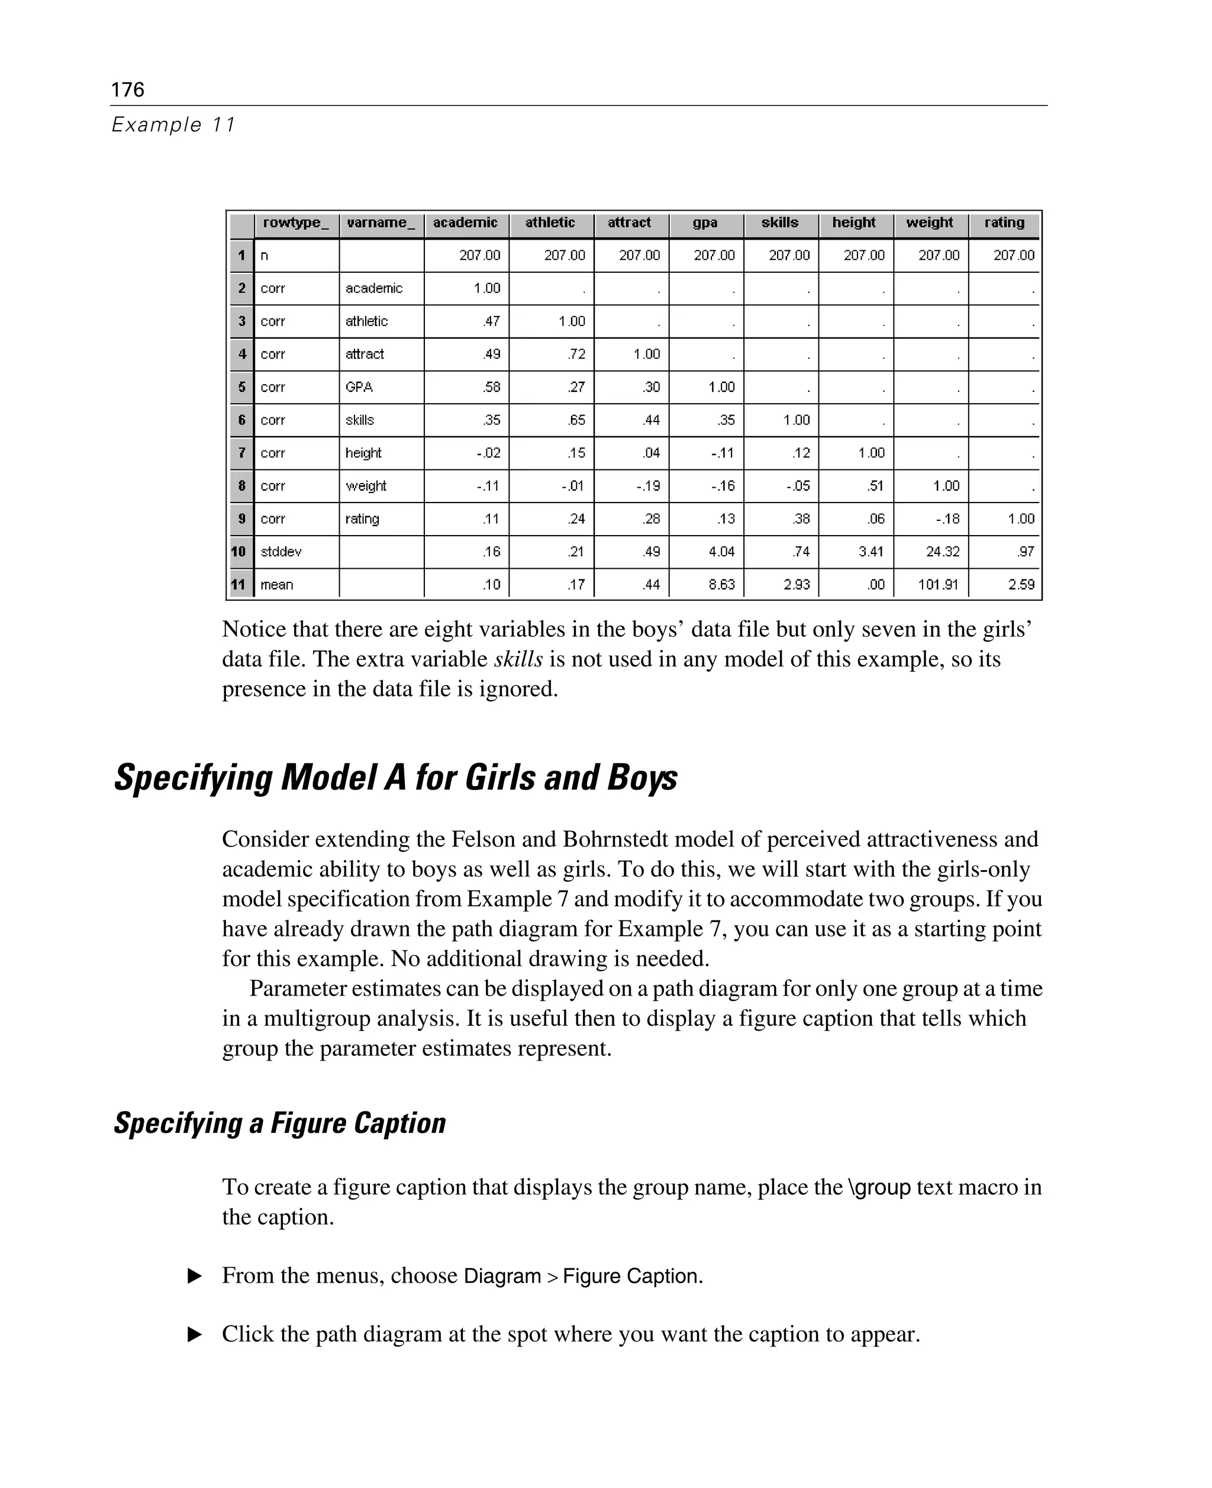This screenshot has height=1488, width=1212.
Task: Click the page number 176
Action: tap(128, 89)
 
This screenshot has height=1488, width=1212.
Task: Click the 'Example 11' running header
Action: tap(174, 125)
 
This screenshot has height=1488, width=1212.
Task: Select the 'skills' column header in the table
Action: tap(780, 223)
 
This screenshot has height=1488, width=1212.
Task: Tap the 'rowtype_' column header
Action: tap(295, 223)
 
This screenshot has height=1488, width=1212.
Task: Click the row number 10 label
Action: tap(238, 552)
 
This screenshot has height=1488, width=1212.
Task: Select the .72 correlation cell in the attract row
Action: tap(576, 354)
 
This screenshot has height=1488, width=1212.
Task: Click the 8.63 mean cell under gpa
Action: tap(721, 584)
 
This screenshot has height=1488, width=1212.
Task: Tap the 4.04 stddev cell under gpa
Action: tap(721, 552)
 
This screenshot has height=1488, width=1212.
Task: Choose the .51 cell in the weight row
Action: tap(875, 486)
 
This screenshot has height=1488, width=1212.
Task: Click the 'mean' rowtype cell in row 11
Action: tap(277, 584)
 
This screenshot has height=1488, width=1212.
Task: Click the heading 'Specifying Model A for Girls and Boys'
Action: tap(396, 778)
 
